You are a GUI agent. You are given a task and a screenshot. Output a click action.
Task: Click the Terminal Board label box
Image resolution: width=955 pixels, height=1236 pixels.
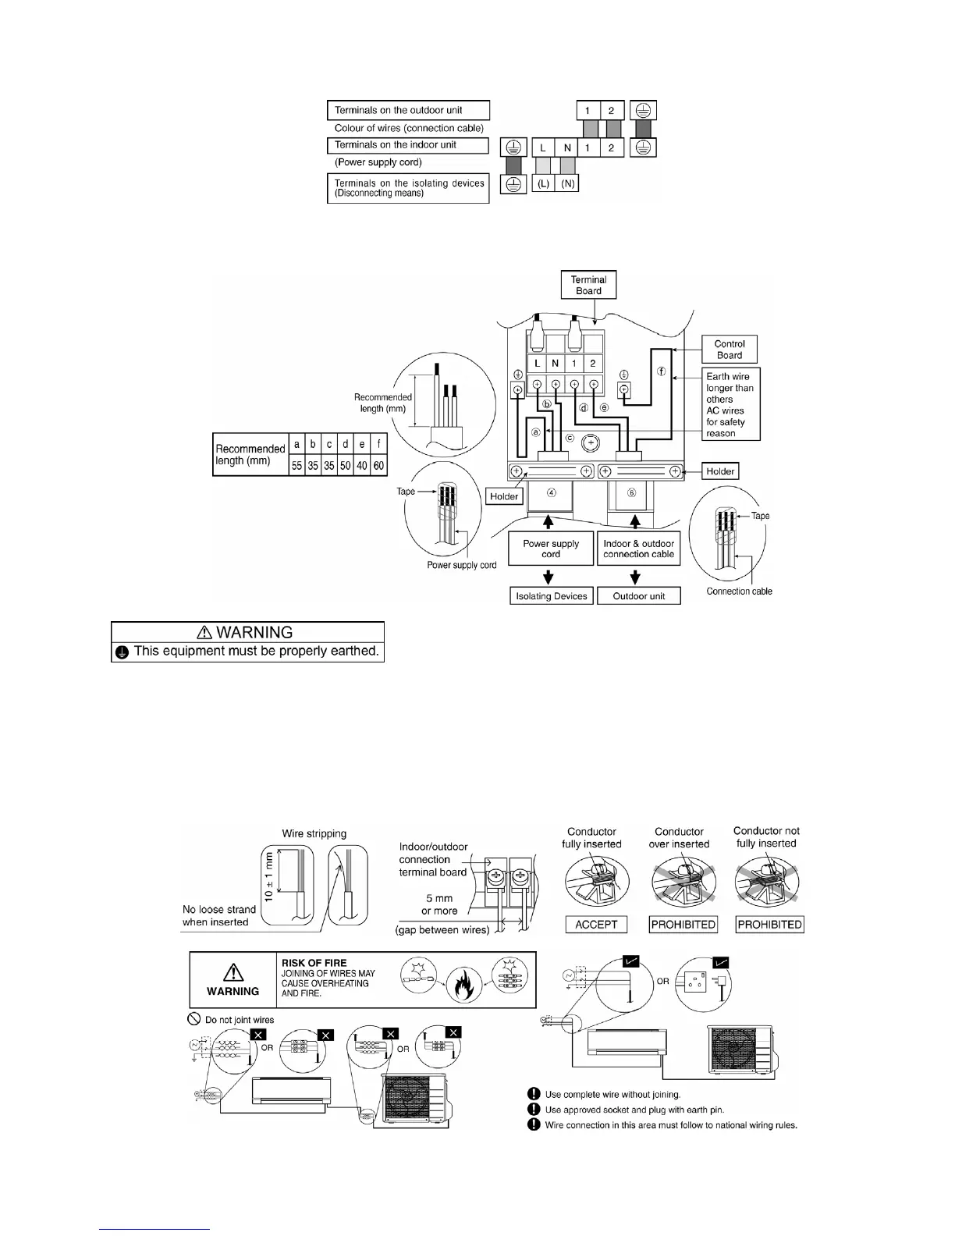pyautogui.click(x=588, y=285)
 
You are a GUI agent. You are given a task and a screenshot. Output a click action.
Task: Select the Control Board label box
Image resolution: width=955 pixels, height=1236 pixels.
pyautogui.click(x=730, y=349)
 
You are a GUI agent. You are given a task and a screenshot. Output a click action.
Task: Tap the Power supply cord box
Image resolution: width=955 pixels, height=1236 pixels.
pyautogui.click(x=551, y=549)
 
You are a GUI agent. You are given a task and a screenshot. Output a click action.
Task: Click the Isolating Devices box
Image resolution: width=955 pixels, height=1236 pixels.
pyautogui.click(x=551, y=596)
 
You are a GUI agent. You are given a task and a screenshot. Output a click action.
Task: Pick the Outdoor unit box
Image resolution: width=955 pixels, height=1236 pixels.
pyautogui.click(x=639, y=596)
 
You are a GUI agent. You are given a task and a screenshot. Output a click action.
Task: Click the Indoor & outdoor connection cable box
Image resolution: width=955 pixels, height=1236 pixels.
pyautogui.click(x=638, y=549)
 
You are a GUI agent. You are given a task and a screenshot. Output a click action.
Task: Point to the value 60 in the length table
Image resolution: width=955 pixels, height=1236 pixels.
pyautogui.click(x=378, y=466)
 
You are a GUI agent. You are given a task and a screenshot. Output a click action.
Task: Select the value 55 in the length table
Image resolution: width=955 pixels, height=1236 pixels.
pyautogui.click(x=296, y=466)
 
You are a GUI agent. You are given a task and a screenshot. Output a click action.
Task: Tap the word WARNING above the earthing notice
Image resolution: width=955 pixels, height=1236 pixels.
pyautogui.click(x=255, y=632)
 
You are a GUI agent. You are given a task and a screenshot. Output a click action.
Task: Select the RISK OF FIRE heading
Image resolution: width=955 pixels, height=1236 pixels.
pyautogui.click(x=314, y=963)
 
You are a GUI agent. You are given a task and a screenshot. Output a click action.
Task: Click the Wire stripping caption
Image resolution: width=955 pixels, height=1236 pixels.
pyautogui.click(x=314, y=833)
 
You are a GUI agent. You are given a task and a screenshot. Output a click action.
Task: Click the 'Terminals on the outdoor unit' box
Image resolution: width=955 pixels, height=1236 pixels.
pyautogui.click(x=408, y=110)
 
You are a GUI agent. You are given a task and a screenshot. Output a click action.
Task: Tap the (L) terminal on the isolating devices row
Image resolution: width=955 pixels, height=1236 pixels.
pyautogui.click(x=544, y=183)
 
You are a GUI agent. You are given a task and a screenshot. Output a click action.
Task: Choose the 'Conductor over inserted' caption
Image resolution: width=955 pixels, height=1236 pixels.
pyautogui.click(x=680, y=838)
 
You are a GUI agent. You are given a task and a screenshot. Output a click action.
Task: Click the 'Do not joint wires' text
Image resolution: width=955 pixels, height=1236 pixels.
pyautogui.click(x=240, y=1020)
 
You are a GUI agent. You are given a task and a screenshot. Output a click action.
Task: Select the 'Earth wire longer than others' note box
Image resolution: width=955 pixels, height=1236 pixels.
pyautogui.click(x=730, y=404)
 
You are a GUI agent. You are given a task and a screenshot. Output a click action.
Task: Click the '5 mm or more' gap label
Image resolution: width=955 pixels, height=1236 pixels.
pyautogui.click(x=439, y=904)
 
